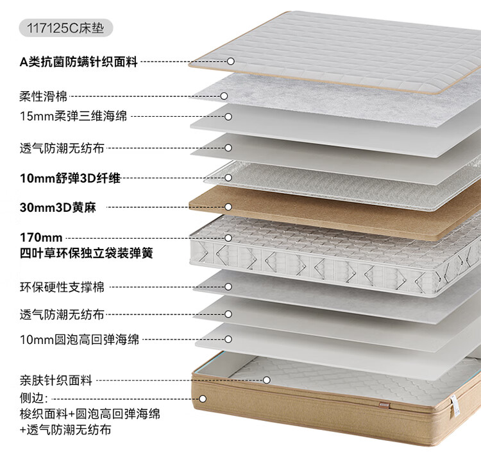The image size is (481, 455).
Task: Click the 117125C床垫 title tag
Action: pyautogui.click(x=67, y=29)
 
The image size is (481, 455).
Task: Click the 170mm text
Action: pyautogui.click(x=41, y=238)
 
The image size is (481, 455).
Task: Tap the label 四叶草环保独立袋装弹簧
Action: pyautogui.click(x=86, y=253)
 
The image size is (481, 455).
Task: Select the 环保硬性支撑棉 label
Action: pyautogui.click(x=62, y=286)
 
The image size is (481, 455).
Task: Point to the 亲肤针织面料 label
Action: pyautogui.click(x=56, y=380)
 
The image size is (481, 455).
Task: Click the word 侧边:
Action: pyautogui.click(x=33, y=398)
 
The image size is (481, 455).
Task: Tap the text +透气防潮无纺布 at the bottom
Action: pyautogui.click(x=66, y=429)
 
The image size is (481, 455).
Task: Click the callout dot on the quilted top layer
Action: pyautogui.click(x=230, y=62)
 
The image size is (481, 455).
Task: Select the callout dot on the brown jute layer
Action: pyautogui.click(x=228, y=207)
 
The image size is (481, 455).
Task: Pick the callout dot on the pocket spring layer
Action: pyautogui.click(x=228, y=238)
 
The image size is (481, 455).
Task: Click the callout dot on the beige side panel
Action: pyautogui.click(x=202, y=398)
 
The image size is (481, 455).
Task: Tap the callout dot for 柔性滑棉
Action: pyautogui.click(x=224, y=96)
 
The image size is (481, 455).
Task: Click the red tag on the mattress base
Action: pyautogui.click(x=382, y=405)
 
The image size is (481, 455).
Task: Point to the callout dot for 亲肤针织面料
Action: pyautogui.click(x=267, y=380)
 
